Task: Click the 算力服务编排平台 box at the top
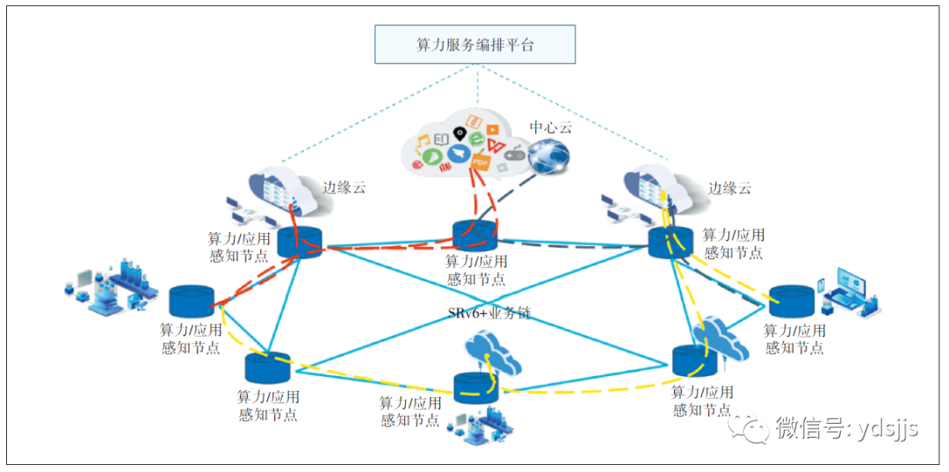tap(474, 44)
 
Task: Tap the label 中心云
tap(550, 127)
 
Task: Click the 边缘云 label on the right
tap(730, 188)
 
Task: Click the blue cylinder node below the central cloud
tap(475, 236)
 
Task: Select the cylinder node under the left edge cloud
tap(301, 240)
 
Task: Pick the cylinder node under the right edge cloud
tap(670, 240)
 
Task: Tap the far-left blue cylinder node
tap(192, 301)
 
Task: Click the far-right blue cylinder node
tap(791, 300)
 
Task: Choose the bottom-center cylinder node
tap(476, 388)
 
